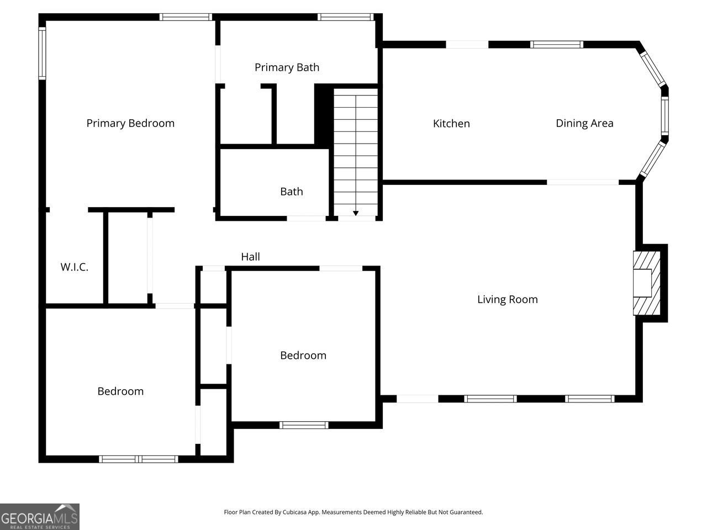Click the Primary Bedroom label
tap(130, 123)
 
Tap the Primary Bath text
tap(287, 67)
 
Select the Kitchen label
tap(451, 124)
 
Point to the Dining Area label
tap(584, 123)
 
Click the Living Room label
tap(507, 299)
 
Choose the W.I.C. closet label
tap(74, 267)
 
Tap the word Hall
tap(250, 257)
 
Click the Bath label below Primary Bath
tap(291, 192)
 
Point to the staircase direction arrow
tap(356, 213)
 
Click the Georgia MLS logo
tap(40, 517)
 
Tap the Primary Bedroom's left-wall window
tap(42, 54)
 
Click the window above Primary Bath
tap(346, 17)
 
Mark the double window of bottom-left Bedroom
tap(139, 459)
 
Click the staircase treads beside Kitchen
tap(356, 149)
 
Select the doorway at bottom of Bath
tap(306, 219)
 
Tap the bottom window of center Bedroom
tap(304, 425)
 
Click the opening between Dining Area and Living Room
tap(583, 182)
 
